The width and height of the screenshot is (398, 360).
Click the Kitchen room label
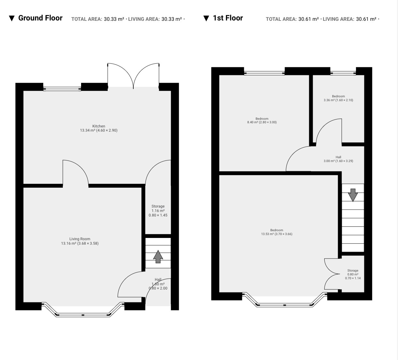coord(99,128)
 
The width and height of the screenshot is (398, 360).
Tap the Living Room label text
coord(80,241)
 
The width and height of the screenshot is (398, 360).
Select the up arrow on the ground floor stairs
coord(158,257)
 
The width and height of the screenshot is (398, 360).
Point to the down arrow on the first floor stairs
coord(353,195)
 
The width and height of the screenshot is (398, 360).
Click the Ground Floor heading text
coord(40,18)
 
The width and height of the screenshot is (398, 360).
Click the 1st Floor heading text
coord(228,18)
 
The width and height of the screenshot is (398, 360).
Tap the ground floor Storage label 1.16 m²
coord(158,211)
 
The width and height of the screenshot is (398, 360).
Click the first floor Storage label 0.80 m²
coord(353,274)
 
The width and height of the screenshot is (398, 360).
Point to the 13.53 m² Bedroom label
coord(277,232)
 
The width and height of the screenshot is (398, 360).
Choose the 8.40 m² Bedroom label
coord(262,120)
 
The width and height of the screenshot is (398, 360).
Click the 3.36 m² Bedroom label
coord(338,98)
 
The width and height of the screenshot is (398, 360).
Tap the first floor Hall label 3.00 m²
coord(338,159)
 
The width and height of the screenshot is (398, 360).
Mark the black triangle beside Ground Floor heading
coord(12,19)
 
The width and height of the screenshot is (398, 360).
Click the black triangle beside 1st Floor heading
coord(206,19)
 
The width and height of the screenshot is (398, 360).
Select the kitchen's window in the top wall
coord(62,89)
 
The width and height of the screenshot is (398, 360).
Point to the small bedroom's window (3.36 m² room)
coord(343,73)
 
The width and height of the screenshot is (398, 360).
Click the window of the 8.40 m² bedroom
coord(264,73)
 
